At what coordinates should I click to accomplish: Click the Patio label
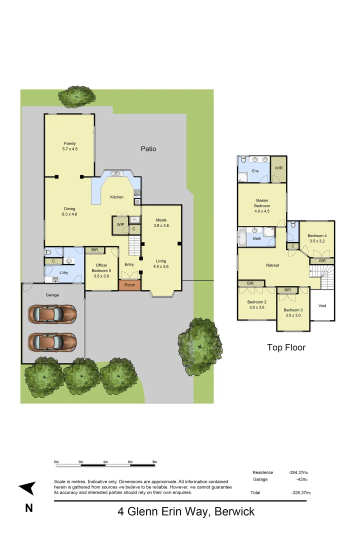pos(148,148)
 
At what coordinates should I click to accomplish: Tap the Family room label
pos(70,146)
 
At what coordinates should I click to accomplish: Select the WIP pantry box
pos(120,225)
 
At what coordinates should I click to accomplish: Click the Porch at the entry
pos(129,285)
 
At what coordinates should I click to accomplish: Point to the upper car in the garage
pos(52,314)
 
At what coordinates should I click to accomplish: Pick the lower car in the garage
pos(52,342)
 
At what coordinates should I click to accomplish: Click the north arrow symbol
pos(28,488)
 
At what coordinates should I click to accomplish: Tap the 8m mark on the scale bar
pos(154,461)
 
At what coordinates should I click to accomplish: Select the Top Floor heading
pos(286,347)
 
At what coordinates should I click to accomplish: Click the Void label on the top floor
pos(322,305)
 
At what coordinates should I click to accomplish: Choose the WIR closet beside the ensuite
pos(278,168)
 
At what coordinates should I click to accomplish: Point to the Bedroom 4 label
pos(317,238)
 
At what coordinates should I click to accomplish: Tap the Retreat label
pos(272,265)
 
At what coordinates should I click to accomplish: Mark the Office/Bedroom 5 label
pos(101,269)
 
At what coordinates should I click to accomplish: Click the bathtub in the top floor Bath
pos(243,238)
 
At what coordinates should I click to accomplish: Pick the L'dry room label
pos(63,272)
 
